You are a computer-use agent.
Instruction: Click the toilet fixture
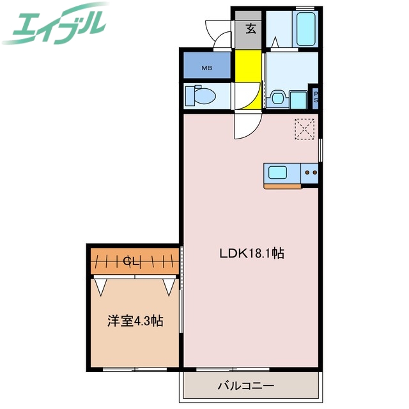point(199,96)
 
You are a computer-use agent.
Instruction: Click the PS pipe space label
point(315,97)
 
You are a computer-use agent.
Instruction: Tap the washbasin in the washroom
point(277,98)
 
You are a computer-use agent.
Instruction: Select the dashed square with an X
point(305,128)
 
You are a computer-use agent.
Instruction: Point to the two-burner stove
point(310,172)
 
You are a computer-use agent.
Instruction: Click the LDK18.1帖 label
point(252,254)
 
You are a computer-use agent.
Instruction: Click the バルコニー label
point(246,386)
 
